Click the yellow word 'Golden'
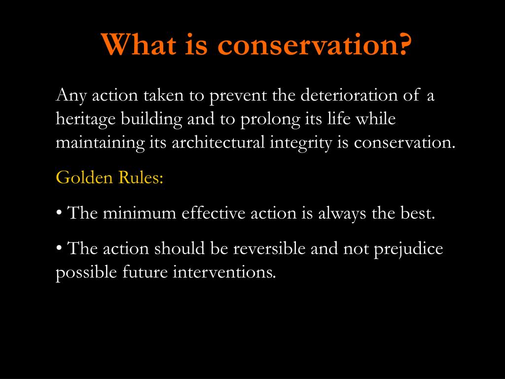(x=84, y=177)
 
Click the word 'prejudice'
(x=408, y=248)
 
